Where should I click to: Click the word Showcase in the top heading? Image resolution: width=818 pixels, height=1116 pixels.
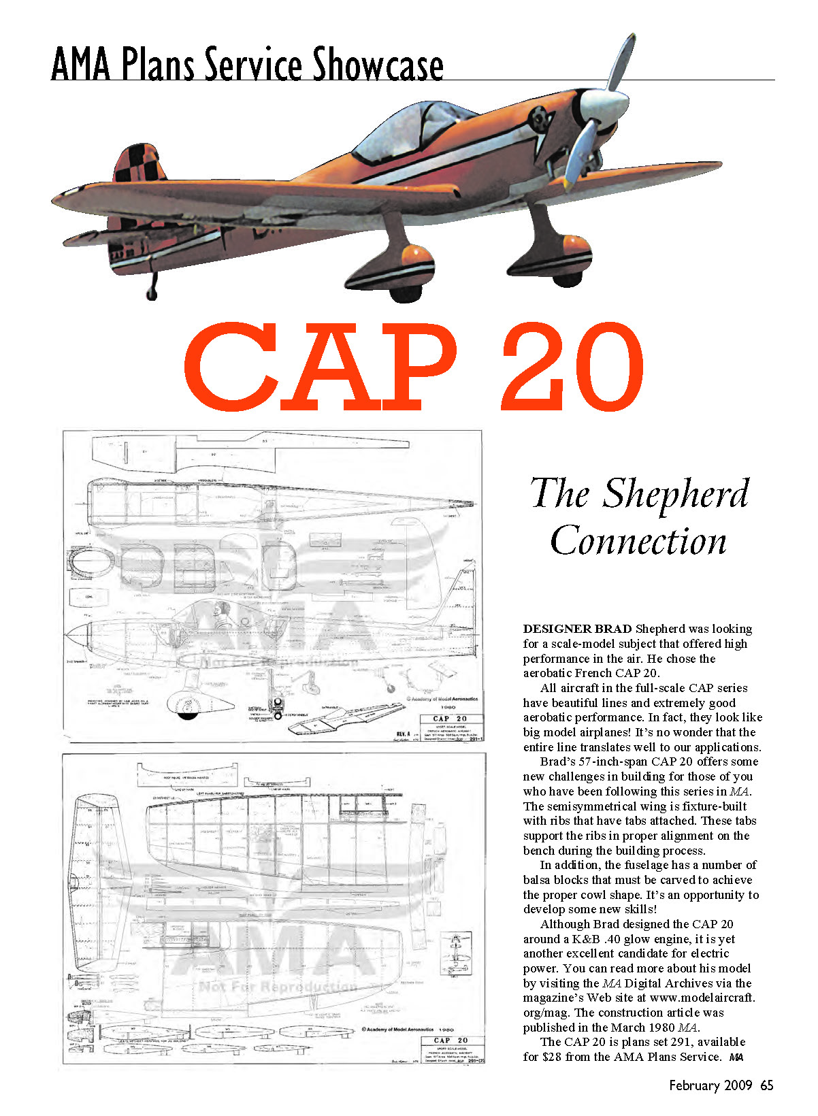pos(378,65)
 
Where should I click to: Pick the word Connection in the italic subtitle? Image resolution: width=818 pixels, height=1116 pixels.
pos(638,542)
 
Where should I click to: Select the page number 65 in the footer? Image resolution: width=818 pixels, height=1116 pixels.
pos(767,1085)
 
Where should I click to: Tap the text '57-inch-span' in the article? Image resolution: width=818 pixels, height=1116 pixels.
pos(612,761)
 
